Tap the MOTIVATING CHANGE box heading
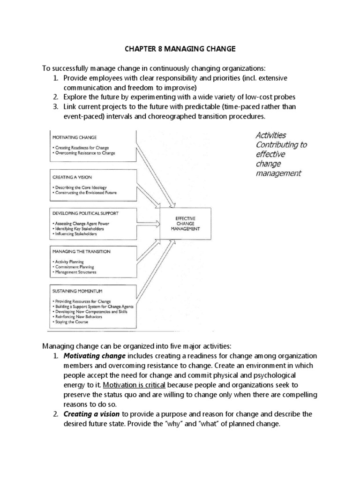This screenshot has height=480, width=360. click(75, 137)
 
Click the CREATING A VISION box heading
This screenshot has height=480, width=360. click(73, 177)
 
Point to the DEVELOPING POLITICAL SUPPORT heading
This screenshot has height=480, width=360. click(86, 213)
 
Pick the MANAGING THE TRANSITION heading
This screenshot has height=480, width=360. click(82, 251)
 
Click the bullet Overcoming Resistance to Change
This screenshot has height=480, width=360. click(84, 153)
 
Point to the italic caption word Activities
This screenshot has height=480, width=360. click(270, 135)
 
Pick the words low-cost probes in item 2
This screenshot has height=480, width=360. click(274, 97)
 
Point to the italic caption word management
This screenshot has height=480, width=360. click(278, 174)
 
